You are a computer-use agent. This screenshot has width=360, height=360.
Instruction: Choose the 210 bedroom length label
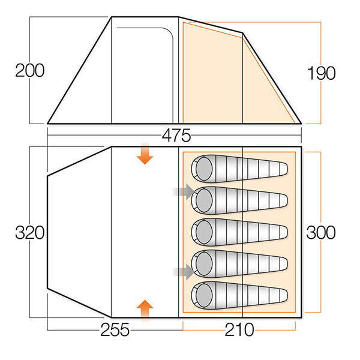(x=239, y=329)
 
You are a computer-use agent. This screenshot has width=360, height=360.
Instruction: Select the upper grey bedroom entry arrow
(x=184, y=192)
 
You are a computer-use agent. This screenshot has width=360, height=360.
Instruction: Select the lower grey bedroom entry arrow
(x=184, y=271)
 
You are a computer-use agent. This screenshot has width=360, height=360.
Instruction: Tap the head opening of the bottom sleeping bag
(x=203, y=295)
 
